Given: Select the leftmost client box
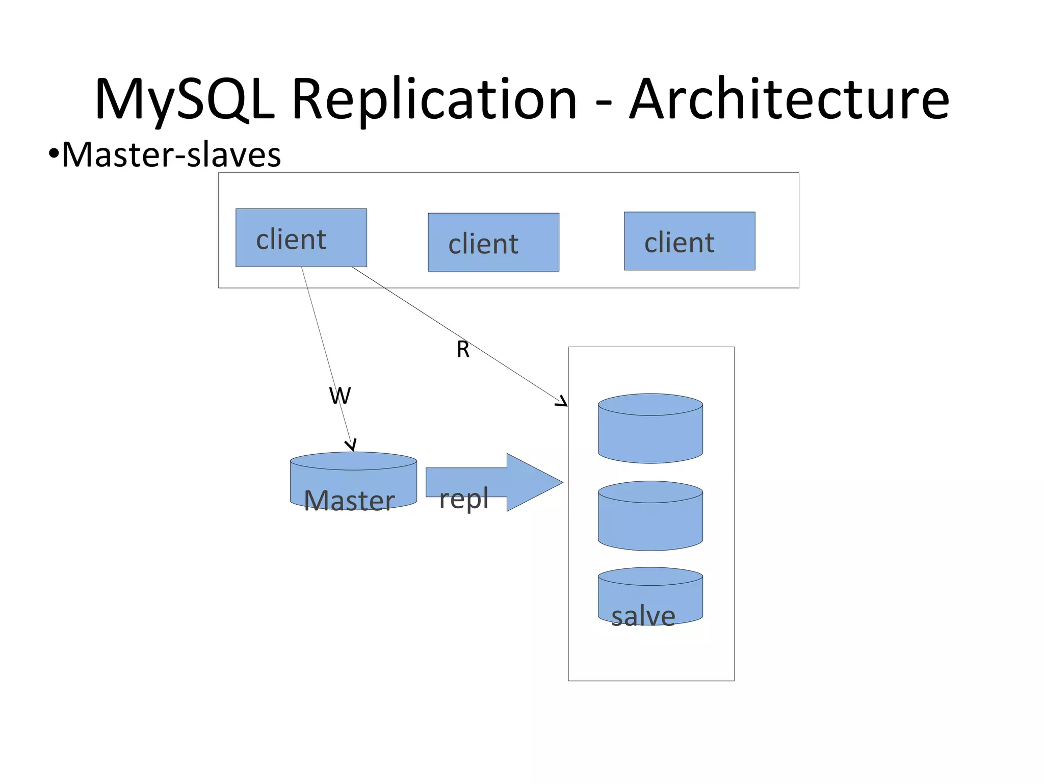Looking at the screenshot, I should [x=301, y=238].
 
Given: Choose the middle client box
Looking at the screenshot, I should [x=493, y=242].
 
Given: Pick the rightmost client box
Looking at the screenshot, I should [x=689, y=241].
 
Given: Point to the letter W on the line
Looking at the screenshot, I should [x=340, y=396].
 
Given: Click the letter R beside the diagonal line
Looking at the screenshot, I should [x=463, y=350].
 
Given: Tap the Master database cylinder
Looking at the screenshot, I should [x=353, y=480].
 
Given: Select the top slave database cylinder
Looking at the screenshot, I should [x=650, y=429].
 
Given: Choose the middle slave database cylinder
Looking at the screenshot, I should [x=650, y=516].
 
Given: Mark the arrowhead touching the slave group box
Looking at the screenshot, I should [x=562, y=402].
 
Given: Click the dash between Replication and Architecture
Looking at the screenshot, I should [x=604, y=102].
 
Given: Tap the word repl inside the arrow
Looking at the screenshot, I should [x=464, y=499].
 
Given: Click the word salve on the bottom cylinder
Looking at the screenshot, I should [x=643, y=616].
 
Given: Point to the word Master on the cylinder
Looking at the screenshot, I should [x=349, y=501].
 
